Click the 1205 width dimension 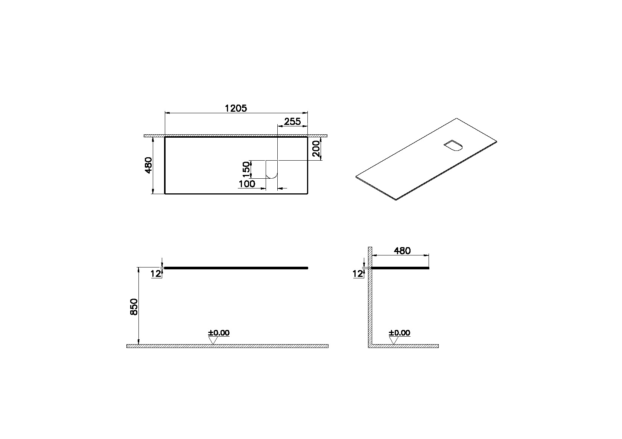pos(236,108)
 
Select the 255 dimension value pos(292,122)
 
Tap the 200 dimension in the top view pos(316,149)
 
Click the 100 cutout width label pos(247,184)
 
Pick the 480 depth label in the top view pos(148,165)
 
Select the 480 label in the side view pos(402,251)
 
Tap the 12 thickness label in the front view pos(156,274)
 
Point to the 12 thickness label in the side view pos(357,274)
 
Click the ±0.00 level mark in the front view pos(219,333)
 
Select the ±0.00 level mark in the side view pos(399,333)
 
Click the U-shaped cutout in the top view pos(271,169)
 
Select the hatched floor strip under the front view pos(263,346)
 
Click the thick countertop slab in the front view pos(236,268)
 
